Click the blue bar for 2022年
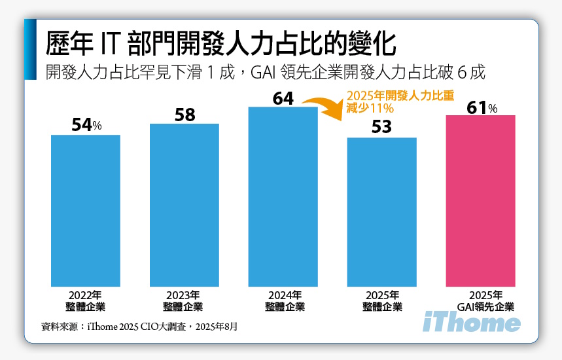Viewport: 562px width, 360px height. [86, 211]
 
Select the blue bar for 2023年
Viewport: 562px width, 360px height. [184, 205]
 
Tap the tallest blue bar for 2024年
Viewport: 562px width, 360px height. [283, 196]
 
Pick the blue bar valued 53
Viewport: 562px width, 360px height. [381, 212]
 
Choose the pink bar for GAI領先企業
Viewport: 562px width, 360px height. [480, 201]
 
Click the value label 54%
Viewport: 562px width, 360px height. [86, 125]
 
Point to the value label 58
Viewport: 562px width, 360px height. [184, 115]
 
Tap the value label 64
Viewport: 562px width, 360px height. [283, 98]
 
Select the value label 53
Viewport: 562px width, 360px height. [381, 127]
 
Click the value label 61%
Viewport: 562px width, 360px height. [482, 107]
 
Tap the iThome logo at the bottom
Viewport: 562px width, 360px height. [472, 323]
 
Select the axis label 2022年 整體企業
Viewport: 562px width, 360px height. [86, 300]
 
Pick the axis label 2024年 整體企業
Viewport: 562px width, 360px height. [283, 300]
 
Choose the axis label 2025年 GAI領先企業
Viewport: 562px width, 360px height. [485, 300]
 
